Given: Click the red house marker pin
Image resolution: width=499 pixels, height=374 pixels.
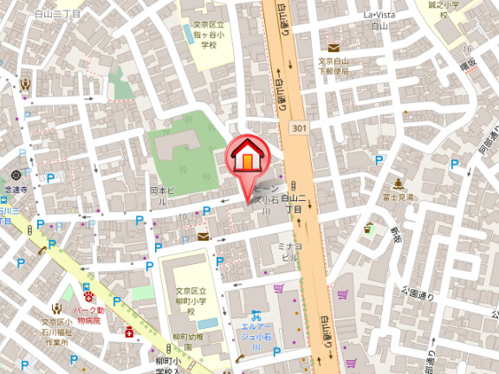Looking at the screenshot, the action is (x=248, y=158).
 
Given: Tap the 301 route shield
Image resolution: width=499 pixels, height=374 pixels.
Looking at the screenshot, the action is (x=299, y=129).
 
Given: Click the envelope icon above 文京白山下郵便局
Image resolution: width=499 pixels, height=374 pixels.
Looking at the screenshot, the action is (x=334, y=48).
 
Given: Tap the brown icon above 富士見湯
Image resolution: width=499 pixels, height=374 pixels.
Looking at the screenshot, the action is (x=398, y=184).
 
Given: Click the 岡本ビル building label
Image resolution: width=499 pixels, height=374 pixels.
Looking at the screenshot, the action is (x=164, y=195).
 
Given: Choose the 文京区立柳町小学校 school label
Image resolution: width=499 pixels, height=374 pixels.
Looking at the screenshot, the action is (x=190, y=297).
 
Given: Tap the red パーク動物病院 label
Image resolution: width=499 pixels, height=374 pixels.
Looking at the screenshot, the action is (x=88, y=314).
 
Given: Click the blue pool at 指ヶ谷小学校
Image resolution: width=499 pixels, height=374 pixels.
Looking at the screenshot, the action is (x=188, y=34).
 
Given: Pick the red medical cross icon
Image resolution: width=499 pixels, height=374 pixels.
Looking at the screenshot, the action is (x=130, y=332).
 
